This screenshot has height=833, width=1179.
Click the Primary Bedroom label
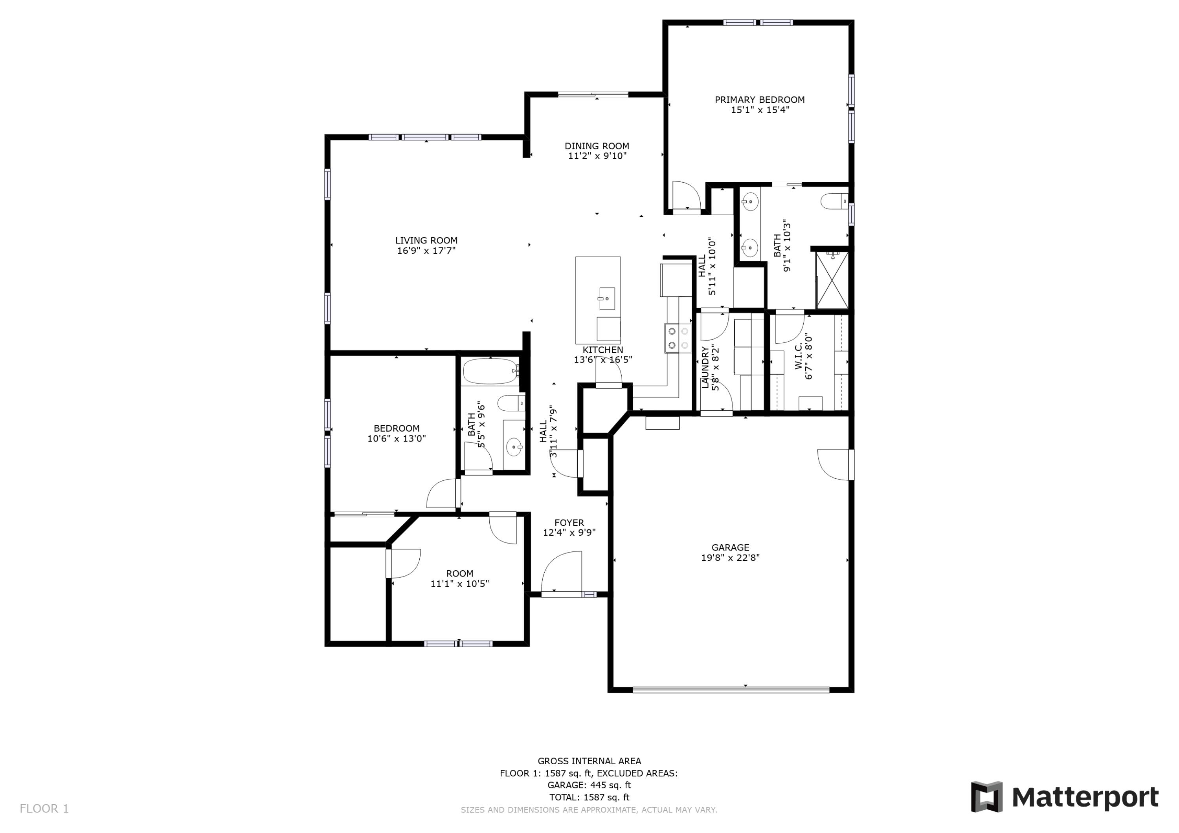coord(759,100)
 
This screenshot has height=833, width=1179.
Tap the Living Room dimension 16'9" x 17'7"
coord(426,251)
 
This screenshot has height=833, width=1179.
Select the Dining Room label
coord(597,146)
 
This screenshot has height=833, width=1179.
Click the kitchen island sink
coord(607,298)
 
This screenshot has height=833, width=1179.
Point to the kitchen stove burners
coord(678,338)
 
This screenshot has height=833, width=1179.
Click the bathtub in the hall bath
coord(490,372)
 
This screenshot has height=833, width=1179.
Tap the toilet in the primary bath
coord(834,201)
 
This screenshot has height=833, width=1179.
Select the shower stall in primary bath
coord(832,280)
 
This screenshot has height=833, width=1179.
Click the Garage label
coord(730,547)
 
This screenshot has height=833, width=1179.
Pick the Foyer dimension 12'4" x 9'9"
coord(569,533)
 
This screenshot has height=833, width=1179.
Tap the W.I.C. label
coord(799,357)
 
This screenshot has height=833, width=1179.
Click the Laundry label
coord(705,368)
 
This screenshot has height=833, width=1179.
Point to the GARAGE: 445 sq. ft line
coord(589,785)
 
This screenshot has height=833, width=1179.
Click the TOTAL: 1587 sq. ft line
coord(589,798)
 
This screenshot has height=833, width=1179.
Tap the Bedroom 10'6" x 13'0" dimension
coord(397,439)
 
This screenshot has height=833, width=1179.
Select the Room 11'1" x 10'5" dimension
coord(459,584)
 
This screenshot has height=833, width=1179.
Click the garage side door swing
coord(834,465)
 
